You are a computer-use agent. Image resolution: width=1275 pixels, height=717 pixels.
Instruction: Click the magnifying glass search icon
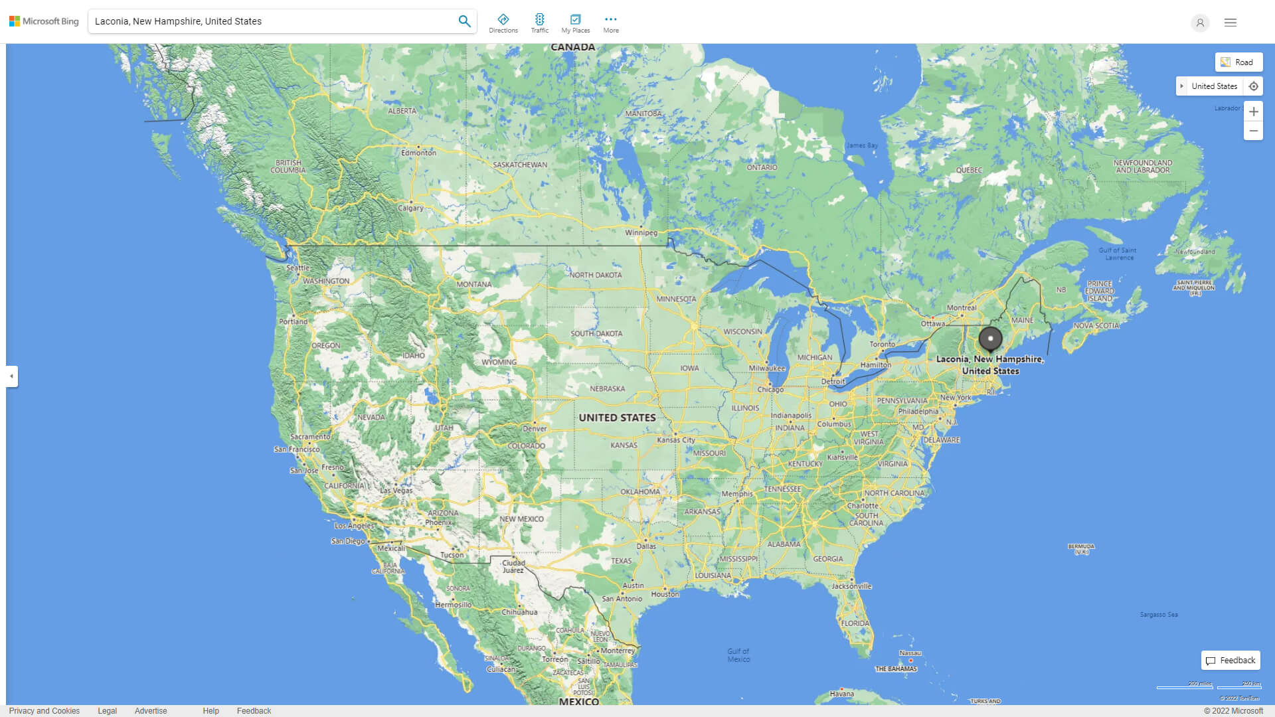[464, 21]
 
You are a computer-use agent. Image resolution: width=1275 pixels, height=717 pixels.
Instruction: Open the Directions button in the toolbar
[503, 23]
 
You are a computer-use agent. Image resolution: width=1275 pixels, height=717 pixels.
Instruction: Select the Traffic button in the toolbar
[540, 23]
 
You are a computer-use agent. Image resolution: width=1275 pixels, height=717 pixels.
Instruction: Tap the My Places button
[575, 23]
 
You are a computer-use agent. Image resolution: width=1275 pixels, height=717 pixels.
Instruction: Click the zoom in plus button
[1253, 112]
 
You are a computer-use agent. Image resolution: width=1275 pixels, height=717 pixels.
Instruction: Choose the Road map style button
[1238, 62]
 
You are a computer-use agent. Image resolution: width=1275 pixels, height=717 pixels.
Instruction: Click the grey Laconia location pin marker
[990, 339]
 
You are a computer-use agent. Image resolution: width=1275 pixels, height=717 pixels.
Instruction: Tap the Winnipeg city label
[641, 233]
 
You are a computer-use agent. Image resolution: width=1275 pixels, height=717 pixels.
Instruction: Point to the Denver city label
[535, 429]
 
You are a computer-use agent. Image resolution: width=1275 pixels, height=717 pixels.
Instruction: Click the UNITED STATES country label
[617, 418]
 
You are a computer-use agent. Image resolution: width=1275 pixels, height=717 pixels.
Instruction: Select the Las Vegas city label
[396, 491]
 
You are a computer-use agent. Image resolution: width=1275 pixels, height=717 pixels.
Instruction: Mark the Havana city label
[841, 694]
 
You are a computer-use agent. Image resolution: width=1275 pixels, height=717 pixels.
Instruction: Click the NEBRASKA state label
[607, 389]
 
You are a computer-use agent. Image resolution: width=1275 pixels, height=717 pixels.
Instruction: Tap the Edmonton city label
[418, 153]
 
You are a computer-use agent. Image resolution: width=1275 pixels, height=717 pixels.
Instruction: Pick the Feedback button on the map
[1231, 661]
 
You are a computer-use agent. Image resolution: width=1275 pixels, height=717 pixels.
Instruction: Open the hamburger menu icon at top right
[1231, 23]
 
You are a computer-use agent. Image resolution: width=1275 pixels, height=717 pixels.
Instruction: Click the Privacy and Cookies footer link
[44, 711]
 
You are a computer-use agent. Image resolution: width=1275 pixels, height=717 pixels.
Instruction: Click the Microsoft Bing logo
[44, 21]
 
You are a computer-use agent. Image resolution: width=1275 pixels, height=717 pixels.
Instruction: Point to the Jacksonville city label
[851, 586]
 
